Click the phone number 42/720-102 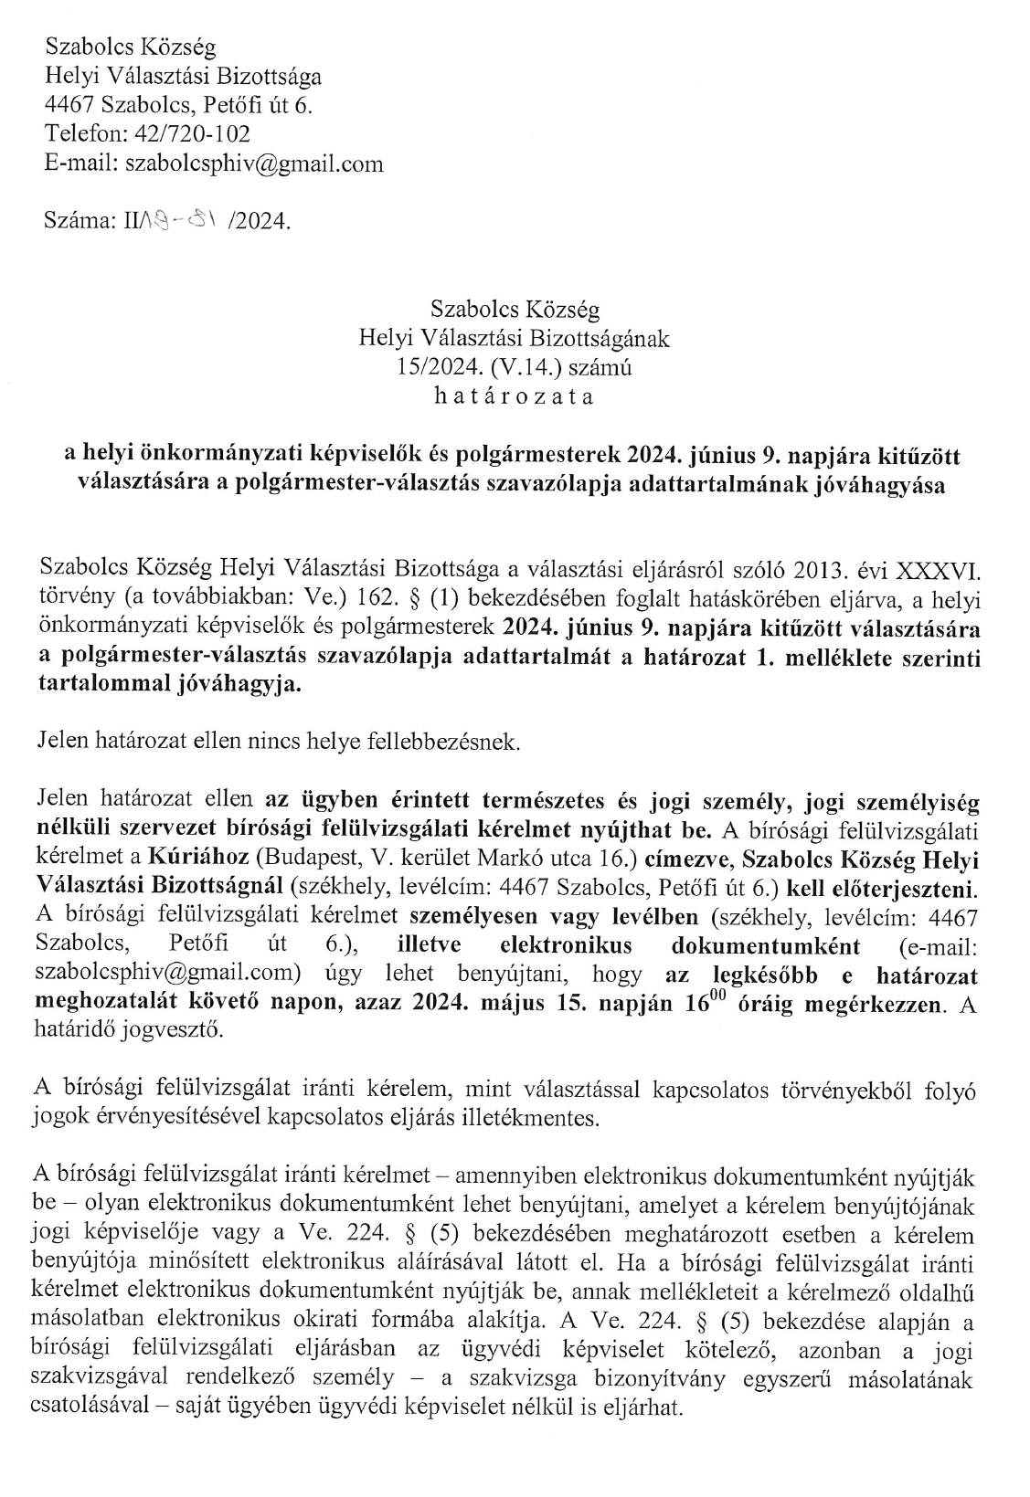pyautogui.click(x=192, y=134)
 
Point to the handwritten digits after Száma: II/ pyautogui.click(x=183, y=219)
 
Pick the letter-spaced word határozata pyautogui.click(x=515, y=396)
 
